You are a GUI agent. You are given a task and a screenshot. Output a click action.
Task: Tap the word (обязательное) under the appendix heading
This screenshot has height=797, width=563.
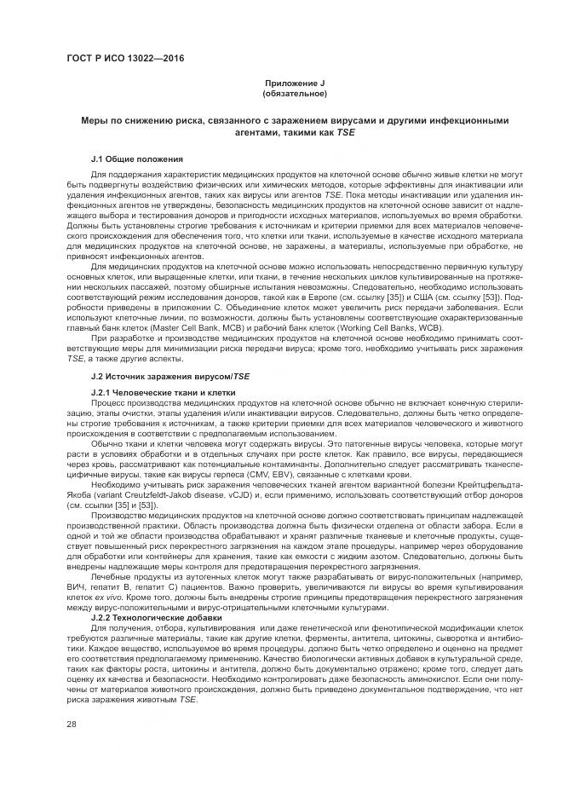pyautogui.click(x=293, y=93)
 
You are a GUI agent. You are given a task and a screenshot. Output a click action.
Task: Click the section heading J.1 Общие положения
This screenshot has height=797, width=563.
pyautogui.click(x=135, y=159)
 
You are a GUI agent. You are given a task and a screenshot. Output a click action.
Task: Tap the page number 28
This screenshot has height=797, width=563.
pyautogui.click(x=72, y=724)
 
